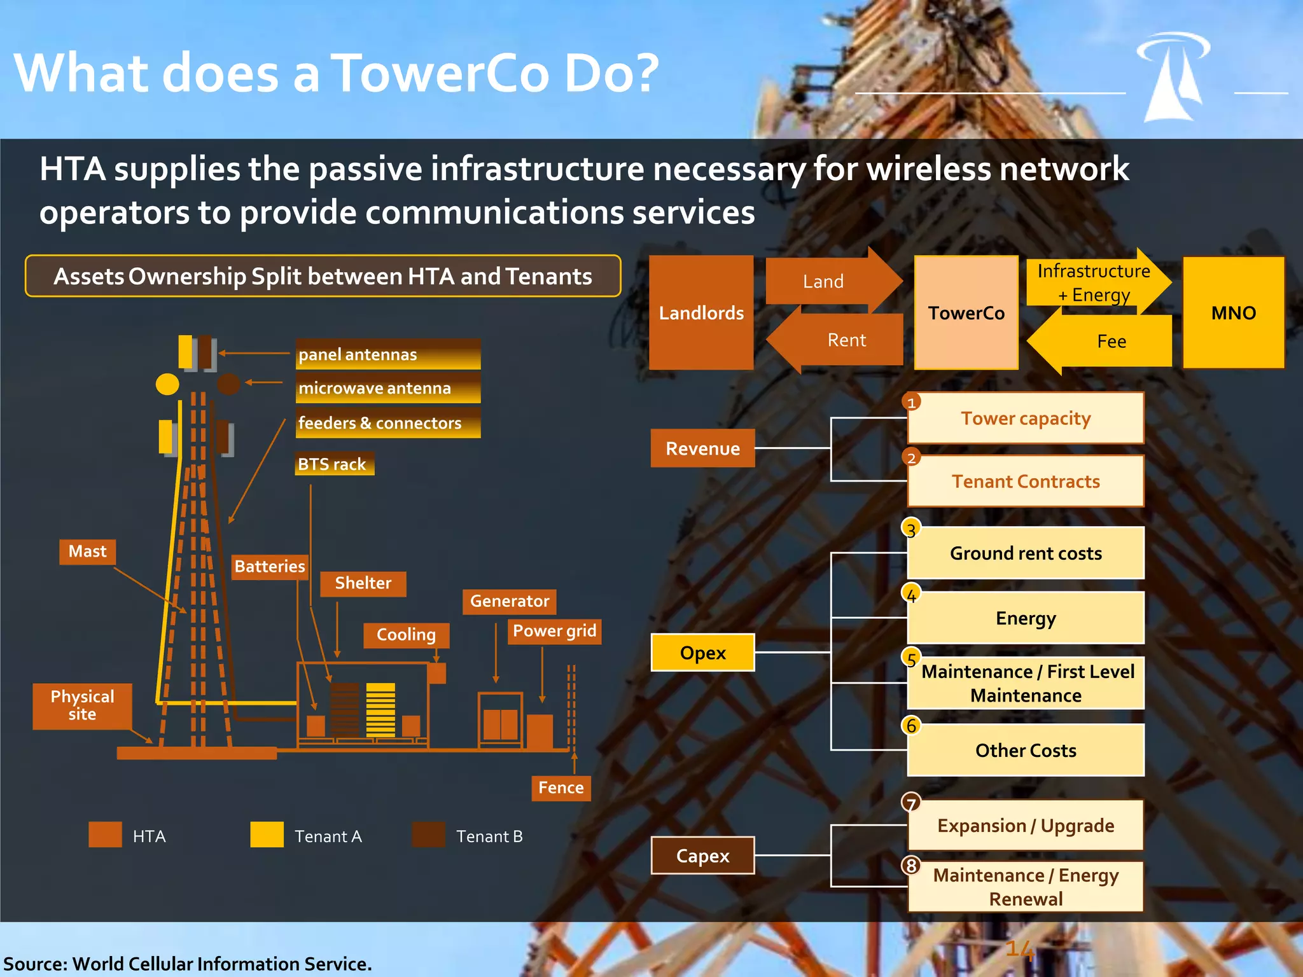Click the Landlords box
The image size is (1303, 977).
pyautogui.click(x=701, y=312)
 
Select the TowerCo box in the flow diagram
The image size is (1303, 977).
pyautogui.click(x=966, y=312)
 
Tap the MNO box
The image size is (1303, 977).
pyautogui.click(x=1233, y=312)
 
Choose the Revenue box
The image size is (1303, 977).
pyautogui.click(x=702, y=448)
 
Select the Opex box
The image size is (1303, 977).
pyautogui.click(x=702, y=653)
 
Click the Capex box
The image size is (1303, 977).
pyautogui.click(x=702, y=856)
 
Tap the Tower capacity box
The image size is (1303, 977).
pyautogui.click(x=1026, y=419)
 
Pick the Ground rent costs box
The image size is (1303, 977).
pyautogui.click(x=1026, y=553)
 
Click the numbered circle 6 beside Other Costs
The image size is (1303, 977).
pyautogui.click(x=911, y=725)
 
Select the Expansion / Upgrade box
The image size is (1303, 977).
pyautogui.click(x=1026, y=826)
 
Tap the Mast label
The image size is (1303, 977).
pyautogui.click(x=87, y=551)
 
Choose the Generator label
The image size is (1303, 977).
pyautogui.click(x=509, y=601)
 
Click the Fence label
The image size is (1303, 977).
pyautogui.click(x=561, y=787)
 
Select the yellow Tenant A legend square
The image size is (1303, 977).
pyautogui.click(x=267, y=835)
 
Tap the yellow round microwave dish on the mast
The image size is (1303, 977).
pyautogui.click(x=167, y=384)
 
